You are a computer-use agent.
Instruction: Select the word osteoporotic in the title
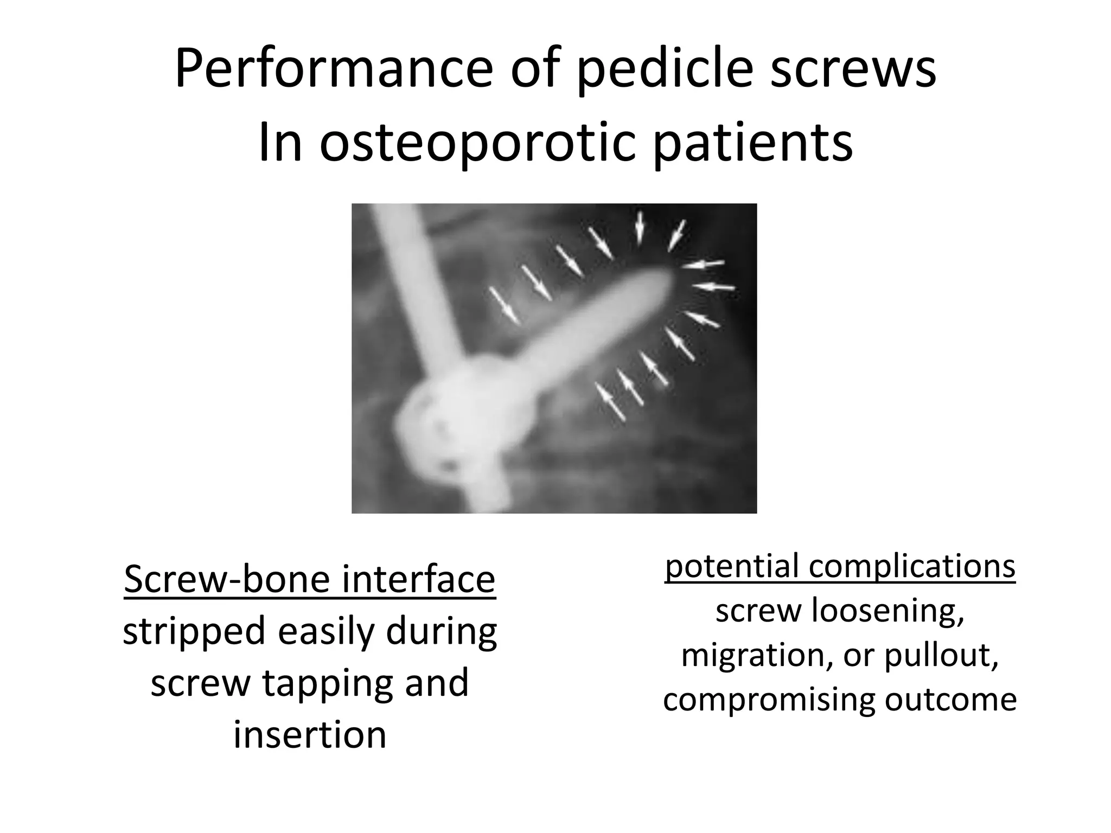point(477,143)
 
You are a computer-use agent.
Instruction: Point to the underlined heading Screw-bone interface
point(310,579)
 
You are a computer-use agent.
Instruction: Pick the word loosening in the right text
point(888,611)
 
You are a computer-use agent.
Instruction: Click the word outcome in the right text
point(950,700)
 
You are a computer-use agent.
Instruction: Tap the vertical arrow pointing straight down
point(640,227)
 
